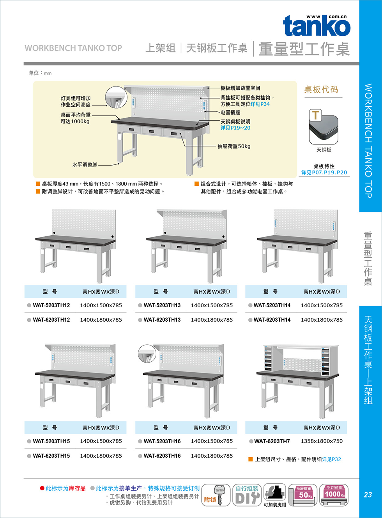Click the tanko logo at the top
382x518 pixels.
317,25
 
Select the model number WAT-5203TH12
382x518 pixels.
51,305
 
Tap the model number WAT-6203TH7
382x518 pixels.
272,441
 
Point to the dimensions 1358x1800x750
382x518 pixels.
322,441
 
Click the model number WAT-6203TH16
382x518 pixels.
162,456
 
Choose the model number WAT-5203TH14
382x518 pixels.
272,305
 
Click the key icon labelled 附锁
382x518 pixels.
216,495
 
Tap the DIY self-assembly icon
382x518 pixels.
247,495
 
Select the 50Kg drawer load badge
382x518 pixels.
302,495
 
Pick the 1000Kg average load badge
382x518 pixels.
334,495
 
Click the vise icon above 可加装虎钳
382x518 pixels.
275,492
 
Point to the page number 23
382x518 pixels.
368,495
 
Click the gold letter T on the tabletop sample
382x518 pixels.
316,115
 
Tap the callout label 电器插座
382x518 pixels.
230,113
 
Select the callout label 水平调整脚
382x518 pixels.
85,165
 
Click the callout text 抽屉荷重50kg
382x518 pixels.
234,146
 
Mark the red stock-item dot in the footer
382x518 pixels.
42,488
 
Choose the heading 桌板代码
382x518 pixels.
321,89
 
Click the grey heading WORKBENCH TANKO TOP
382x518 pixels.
73,48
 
